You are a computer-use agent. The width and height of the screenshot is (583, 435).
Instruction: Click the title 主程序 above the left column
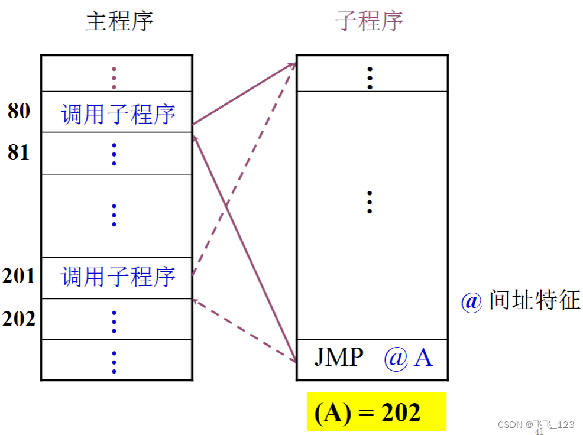click(x=119, y=22)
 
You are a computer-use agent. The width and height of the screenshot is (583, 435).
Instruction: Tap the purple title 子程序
click(x=369, y=22)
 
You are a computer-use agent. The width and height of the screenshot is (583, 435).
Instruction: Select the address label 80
click(x=19, y=111)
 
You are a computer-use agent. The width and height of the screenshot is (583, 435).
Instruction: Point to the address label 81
click(x=19, y=152)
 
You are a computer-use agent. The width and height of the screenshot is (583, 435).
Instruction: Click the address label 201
click(x=19, y=276)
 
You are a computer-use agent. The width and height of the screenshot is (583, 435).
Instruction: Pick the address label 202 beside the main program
click(x=19, y=319)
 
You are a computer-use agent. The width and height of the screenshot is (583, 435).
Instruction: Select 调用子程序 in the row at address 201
click(x=118, y=277)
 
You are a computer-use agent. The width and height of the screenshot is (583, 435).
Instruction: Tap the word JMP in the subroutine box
click(x=338, y=358)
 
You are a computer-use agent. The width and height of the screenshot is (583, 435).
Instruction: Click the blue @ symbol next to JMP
click(x=396, y=359)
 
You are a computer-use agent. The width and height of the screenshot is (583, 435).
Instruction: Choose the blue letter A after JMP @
click(x=423, y=358)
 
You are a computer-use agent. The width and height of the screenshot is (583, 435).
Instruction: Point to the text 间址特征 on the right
click(x=534, y=300)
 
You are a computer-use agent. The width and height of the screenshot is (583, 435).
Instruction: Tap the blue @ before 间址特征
click(x=472, y=301)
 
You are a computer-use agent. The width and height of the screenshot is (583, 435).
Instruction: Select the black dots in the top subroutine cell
click(x=370, y=77)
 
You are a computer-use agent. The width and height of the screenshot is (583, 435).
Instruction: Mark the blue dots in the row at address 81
click(x=114, y=154)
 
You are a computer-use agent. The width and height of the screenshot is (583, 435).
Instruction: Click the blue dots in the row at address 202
click(x=114, y=321)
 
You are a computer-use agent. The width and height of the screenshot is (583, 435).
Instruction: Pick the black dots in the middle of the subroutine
click(x=370, y=202)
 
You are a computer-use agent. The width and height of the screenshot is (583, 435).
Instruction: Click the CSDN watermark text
click(x=536, y=425)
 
